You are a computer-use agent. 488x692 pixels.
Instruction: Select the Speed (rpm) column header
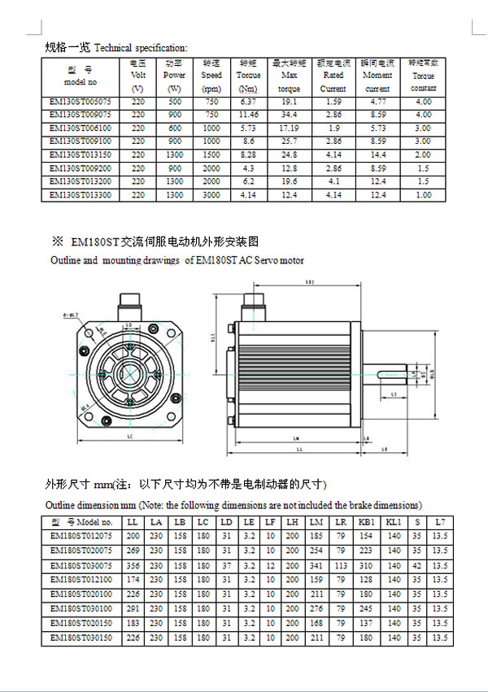(x=211, y=76)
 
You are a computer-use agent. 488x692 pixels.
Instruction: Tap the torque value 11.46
(x=249, y=115)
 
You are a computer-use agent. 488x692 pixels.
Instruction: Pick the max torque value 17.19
(x=289, y=128)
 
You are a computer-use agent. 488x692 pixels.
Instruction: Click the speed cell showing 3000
(x=211, y=195)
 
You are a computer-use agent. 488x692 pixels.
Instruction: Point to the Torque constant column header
(x=423, y=76)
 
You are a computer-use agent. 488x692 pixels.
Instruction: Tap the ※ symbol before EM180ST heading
(x=57, y=242)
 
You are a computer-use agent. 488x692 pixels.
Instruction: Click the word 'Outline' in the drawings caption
(x=66, y=260)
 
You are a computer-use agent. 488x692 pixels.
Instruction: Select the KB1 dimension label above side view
(x=310, y=283)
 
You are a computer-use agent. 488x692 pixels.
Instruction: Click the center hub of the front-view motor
(x=130, y=374)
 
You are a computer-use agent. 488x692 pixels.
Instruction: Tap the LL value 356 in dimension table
(x=133, y=565)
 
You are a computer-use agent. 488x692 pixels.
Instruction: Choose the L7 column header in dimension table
(x=440, y=521)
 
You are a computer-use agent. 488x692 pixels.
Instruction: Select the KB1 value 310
(x=366, y=565)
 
